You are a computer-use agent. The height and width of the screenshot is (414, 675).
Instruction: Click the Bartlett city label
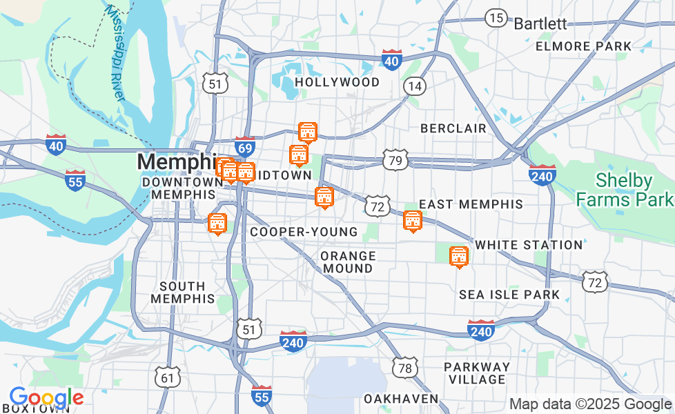pos(540,23)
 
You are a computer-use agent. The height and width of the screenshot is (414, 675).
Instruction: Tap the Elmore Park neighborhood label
pos(583,46)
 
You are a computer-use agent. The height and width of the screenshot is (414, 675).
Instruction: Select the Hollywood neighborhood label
pos(337,82)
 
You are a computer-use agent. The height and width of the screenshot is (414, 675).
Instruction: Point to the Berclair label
pos(453,128)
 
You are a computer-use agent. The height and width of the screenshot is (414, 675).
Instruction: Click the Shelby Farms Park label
pos(624,190)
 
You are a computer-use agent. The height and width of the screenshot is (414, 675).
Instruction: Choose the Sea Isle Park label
pos(509,295)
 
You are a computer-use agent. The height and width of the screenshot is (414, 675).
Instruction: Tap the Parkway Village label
pos(476,373)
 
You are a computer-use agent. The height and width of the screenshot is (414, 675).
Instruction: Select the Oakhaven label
pos(401,399)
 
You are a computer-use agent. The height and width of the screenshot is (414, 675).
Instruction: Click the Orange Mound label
pos(349,262)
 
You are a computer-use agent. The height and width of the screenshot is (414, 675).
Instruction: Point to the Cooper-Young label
pos(304,232)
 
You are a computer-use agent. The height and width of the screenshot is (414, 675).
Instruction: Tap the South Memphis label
pos(182,293)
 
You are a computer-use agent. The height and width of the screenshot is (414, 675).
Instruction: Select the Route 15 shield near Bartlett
pos(496,17)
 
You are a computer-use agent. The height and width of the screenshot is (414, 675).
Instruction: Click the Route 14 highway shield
pos(415,86)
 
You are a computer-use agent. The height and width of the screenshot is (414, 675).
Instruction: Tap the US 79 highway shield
pos(396,159)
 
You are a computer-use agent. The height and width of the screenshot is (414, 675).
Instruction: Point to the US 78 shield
pos(405,368)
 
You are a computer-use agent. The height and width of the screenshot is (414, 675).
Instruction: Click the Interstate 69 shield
pos(245,146)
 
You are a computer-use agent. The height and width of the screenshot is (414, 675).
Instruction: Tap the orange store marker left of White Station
pos(459,257)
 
